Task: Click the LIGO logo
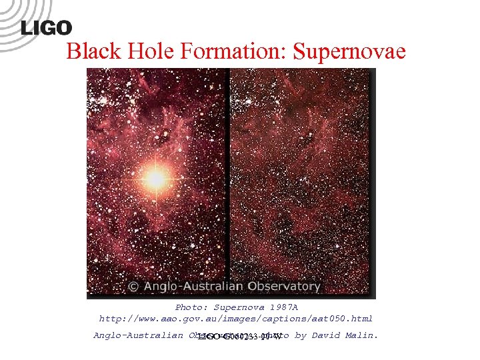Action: tap(46, 27)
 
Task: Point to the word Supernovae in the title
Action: tap(349, 51)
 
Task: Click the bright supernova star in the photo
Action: tap(155, 177)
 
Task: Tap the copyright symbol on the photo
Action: tap(133, 287)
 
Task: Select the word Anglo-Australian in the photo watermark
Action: tap(190, 287)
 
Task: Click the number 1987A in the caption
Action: tap(283, 307)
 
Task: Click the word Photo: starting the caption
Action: tap(191, 307)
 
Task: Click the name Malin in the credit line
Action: tap(363, 335)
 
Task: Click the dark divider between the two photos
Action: tap(229, 180)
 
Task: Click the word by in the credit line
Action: tap(299, 335)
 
